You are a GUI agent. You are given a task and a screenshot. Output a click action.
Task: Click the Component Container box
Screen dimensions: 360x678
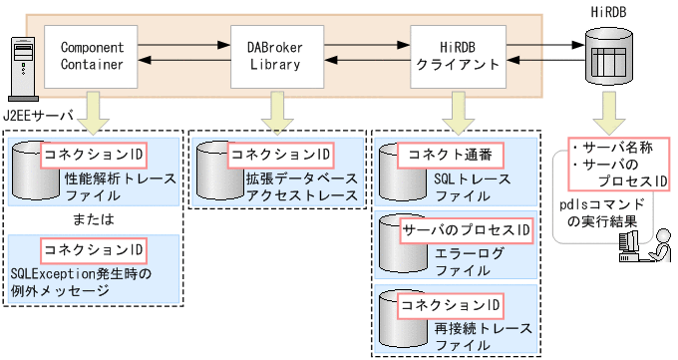click(x=91, y=56)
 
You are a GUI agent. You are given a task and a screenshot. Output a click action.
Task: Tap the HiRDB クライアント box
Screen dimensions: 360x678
click(x=454, y=56)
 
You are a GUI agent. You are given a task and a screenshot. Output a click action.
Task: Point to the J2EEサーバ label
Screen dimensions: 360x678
click(x=39, y=116)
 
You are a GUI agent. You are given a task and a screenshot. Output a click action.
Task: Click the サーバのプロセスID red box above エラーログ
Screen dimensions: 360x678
click(x=465, y=231)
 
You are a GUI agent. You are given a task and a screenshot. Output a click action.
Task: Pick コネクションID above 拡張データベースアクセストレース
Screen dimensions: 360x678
click(x=279, y=155)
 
